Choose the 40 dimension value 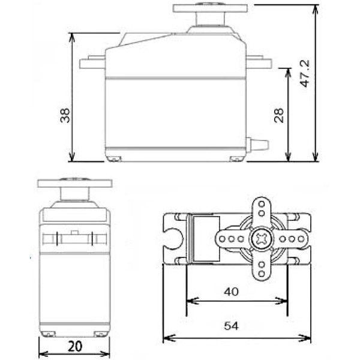pos(232,292)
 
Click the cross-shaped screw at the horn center pos(262,238)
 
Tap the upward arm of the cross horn pos(262,210)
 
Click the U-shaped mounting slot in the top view pos(173,238)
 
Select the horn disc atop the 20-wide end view pos(74,182)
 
